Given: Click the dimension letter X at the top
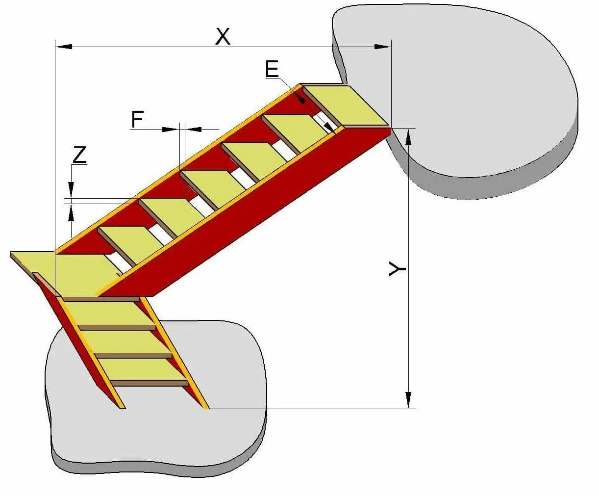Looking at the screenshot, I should (x=223, y=36).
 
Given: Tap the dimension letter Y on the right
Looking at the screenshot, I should (x=398, y=269).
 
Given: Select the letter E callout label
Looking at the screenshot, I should (x=272, y=69).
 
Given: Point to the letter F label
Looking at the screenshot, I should (x=138, y=119).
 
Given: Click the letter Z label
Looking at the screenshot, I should (x=79, y=155).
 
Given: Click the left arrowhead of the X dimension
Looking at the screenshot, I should (x=64, y=47).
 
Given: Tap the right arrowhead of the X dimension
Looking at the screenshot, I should (x=382, y=47).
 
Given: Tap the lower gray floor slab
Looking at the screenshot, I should (x=157, y=432).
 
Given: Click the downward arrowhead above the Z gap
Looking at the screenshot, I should (x=72, y=189).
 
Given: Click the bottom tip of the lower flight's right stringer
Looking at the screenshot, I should (x=206, y=407).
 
